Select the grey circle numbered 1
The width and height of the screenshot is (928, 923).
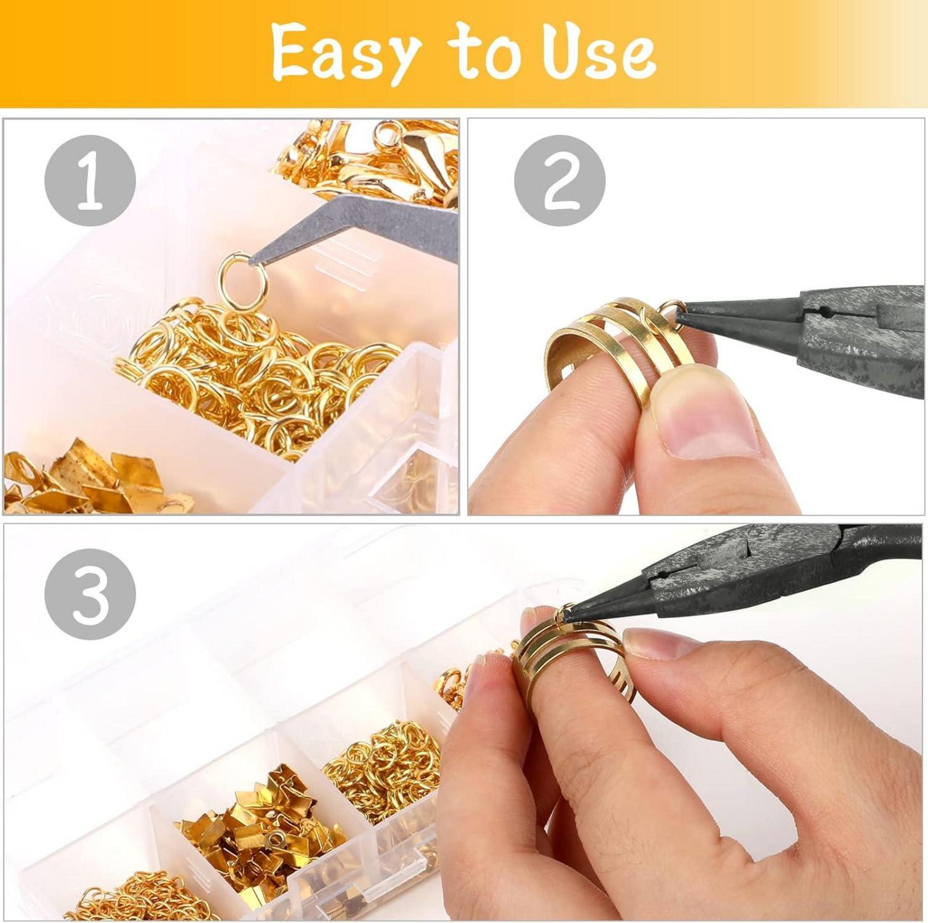pyautogui.click(x=90, y=180)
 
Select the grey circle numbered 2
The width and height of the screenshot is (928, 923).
pyautogui.click(x=560, y=180)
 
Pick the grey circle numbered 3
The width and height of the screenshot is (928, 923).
pyautogui.click(x=90, y=594)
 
